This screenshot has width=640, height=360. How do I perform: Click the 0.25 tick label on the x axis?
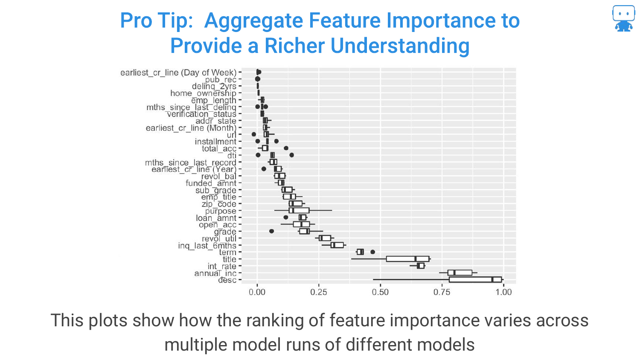click(319, 292)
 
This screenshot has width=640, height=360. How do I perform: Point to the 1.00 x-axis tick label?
click(503, 292)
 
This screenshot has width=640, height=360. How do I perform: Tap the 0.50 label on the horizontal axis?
click(380, 292)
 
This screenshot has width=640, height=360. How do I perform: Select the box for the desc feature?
click(475, 280)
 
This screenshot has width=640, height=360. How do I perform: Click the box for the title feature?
click(408, 259)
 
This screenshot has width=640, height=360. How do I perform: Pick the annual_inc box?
click(460, 273)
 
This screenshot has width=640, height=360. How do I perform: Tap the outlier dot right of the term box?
click(372, 252)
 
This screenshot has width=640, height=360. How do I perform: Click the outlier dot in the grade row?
click(271, 231)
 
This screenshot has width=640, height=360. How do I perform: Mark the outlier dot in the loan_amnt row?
click(286, 218)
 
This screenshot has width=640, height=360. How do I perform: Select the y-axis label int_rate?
click(222, 266)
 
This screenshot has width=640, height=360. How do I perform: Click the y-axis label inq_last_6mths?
click(207, 246)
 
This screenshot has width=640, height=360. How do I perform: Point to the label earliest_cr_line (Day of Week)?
click(178, 73)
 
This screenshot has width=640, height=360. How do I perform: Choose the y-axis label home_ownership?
click(203, 93)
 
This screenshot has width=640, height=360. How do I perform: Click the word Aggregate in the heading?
click(254, 21)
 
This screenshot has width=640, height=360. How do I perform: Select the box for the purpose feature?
click(299, 211)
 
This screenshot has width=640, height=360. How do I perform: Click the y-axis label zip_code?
click(219, 204)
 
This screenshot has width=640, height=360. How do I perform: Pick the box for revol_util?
click(325, 238)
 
